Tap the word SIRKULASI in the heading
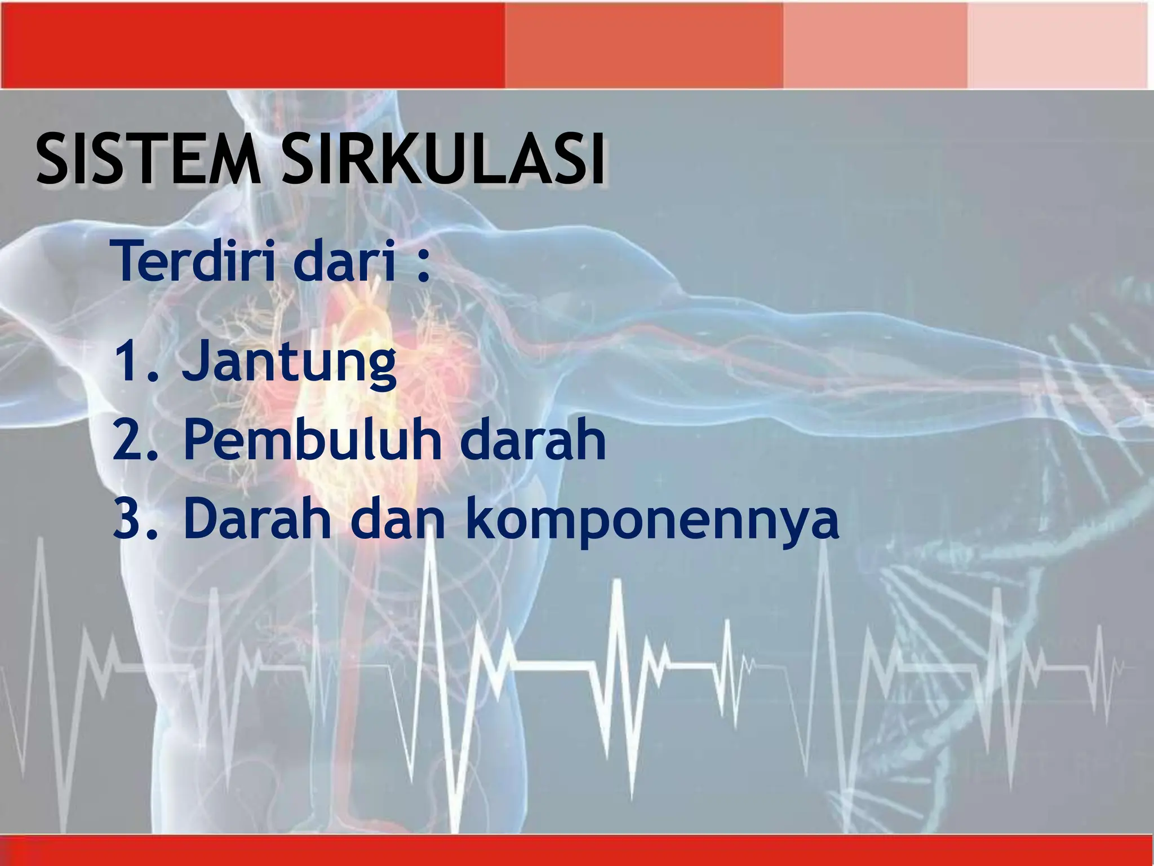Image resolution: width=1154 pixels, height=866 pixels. coord(445,161)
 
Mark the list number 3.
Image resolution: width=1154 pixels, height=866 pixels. coord(133,519)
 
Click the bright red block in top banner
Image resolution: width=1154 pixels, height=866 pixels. coord(254,45)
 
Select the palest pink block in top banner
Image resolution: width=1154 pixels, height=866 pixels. coord(1057,45)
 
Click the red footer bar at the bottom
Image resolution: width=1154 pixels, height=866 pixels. coord(577,851)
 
